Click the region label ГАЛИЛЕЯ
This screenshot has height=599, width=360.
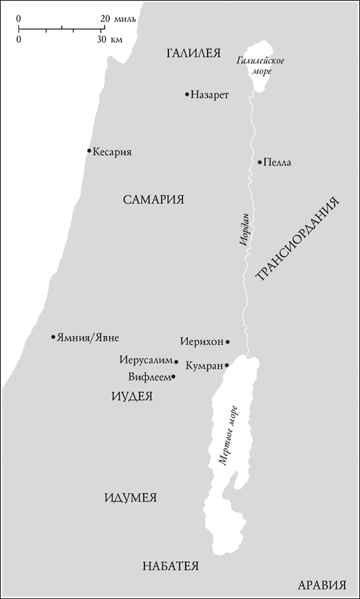point(193,54)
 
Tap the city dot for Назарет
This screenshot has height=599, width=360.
point(187,95)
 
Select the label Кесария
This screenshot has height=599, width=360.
point(112,152)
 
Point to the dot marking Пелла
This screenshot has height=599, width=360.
point(260,162)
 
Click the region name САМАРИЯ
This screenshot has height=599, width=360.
point(154,200)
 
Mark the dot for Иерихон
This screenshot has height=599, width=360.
point(228,342)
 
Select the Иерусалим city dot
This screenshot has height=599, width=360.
point(176,362)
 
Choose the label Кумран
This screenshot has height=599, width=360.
point(204,365)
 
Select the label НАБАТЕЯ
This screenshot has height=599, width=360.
point(171,566)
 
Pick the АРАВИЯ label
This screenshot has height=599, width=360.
point(322,586)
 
